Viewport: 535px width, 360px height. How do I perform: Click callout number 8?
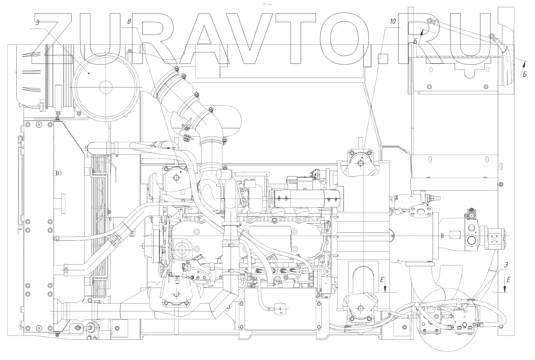tap(129, 22)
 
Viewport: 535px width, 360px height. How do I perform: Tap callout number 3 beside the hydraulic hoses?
tap(506, 265)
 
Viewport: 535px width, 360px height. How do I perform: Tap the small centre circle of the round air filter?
tap(106, 87)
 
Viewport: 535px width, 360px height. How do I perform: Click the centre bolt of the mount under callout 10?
tap(360, 163)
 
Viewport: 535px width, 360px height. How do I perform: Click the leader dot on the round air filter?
tap(89, 73)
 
